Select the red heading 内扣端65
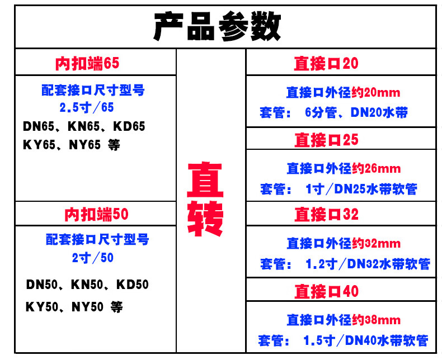(87, 63)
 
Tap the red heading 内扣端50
(96, 214)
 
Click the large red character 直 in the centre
(205, 180)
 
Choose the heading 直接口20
(326, 63)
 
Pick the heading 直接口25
(326, 139)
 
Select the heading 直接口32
(326, 214)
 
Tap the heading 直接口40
(326, 291)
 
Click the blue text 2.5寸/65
(87, 106)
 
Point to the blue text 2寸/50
(92, 258)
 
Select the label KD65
(131, 126)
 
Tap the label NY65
(84, 145)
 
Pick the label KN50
(86, 285)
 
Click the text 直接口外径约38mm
(343, 320)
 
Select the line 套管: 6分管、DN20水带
(333, 112)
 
